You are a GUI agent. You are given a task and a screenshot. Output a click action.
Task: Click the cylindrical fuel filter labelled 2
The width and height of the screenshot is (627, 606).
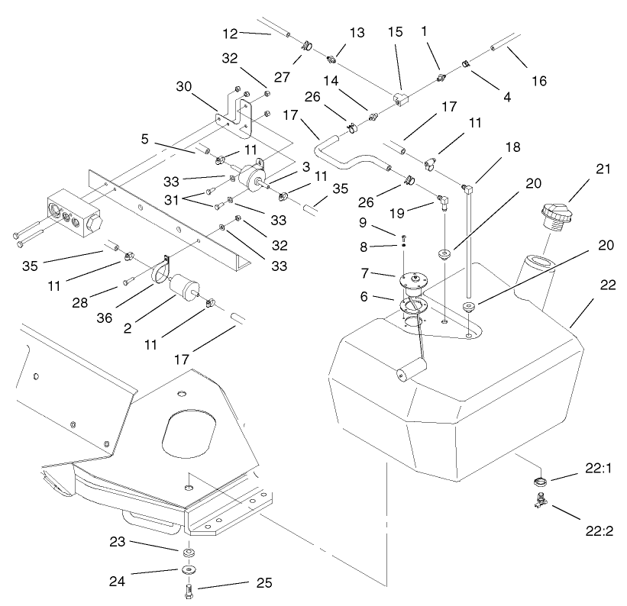tap(185, 291)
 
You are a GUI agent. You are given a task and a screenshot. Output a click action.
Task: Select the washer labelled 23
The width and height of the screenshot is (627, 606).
tap(187, 552)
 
